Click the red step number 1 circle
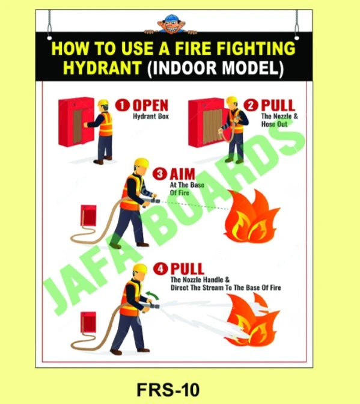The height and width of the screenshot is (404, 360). pyautogui.click(x=123, y=106)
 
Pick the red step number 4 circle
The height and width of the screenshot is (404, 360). pyautogui.click(x=160, y=269)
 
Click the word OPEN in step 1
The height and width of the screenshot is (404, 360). pyautogui.click(x=150, y=106)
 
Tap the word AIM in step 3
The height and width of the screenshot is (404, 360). pyautogui.click(x=183, y=174)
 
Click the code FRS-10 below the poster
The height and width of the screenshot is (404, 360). pyautogui.click(x=175, y=389)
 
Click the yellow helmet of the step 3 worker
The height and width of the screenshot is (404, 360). pyautogui.click(x=141, y=163)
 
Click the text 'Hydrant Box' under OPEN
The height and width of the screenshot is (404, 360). pyautogui.click(x=151, y=117)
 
